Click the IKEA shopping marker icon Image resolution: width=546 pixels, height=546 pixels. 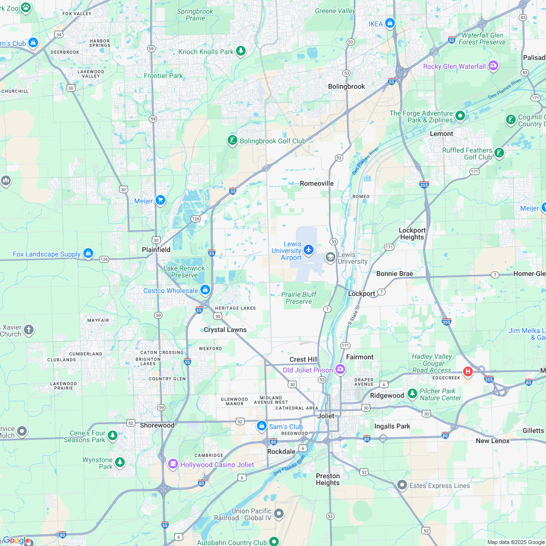point(390,23)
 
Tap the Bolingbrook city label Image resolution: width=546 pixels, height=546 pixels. point(347,86)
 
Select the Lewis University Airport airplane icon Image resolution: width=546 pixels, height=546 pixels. point(308,250)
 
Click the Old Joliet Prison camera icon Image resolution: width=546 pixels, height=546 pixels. point(340,370)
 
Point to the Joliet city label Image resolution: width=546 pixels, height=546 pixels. point(326,416)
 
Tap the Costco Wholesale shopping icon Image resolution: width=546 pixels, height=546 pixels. point(205,290)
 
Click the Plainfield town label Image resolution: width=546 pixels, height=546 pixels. point(156,250)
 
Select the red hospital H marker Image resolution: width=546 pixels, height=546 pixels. point(468,372)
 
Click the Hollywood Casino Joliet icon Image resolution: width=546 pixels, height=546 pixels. point(173,464)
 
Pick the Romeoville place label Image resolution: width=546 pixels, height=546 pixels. point(317,183)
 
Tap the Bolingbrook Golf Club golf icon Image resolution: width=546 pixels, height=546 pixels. point(233,140)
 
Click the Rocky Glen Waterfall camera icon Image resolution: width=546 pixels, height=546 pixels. point(493,65)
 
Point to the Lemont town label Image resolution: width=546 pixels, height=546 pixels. point(441,134)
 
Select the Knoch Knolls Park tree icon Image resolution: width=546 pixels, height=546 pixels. point(240,51)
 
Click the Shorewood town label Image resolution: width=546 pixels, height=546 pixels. point(157,425)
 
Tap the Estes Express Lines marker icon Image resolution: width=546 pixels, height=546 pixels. point(402,485)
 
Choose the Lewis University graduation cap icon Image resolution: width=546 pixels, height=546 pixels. point(331,257)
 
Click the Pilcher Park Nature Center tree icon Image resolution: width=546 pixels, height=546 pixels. point(412,393)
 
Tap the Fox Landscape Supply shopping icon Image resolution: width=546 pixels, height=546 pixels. point(88,253)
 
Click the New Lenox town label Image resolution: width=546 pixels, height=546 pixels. point(492,441)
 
